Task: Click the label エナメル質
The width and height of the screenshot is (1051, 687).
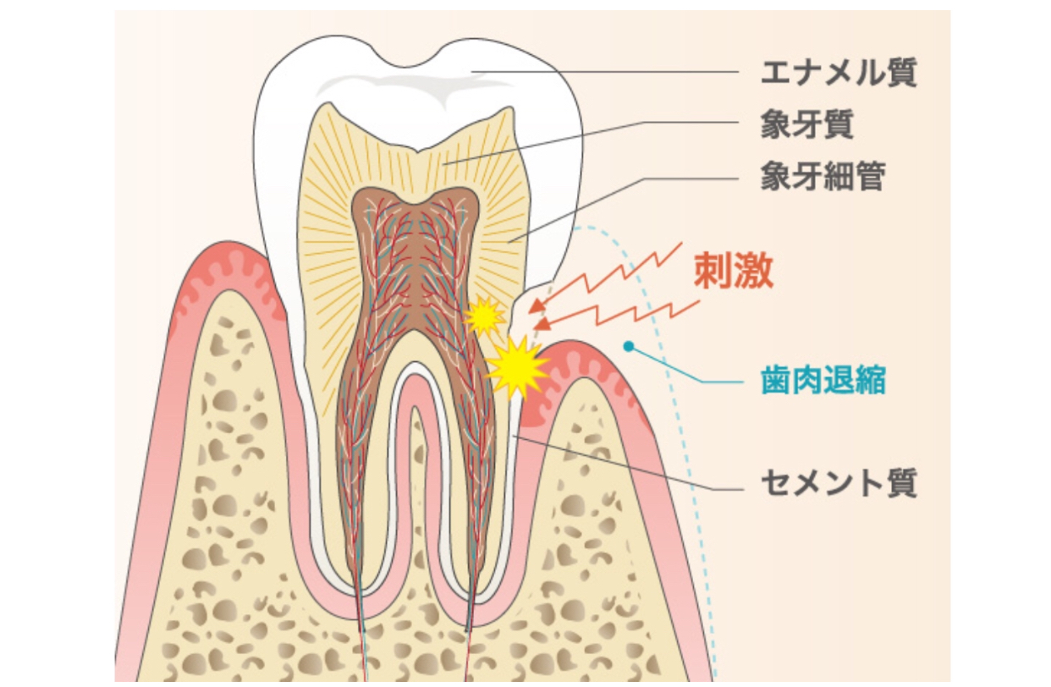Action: coord(838,73)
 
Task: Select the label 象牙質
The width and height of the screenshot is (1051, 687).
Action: coord(806,124)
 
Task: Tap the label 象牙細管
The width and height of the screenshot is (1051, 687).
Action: coord(823,177)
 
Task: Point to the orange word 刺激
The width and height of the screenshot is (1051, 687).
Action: coord(734,271)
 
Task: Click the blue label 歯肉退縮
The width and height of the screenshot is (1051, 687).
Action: coord(823,381)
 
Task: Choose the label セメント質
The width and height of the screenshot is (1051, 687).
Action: coord(838,484)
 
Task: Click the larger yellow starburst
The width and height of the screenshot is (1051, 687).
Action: coord(517,366)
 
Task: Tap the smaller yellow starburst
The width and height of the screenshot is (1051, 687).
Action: coord(484,316)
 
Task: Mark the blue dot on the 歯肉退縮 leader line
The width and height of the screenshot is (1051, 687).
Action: coord(628,345)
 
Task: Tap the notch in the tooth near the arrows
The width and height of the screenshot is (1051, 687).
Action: coord(525,309)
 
